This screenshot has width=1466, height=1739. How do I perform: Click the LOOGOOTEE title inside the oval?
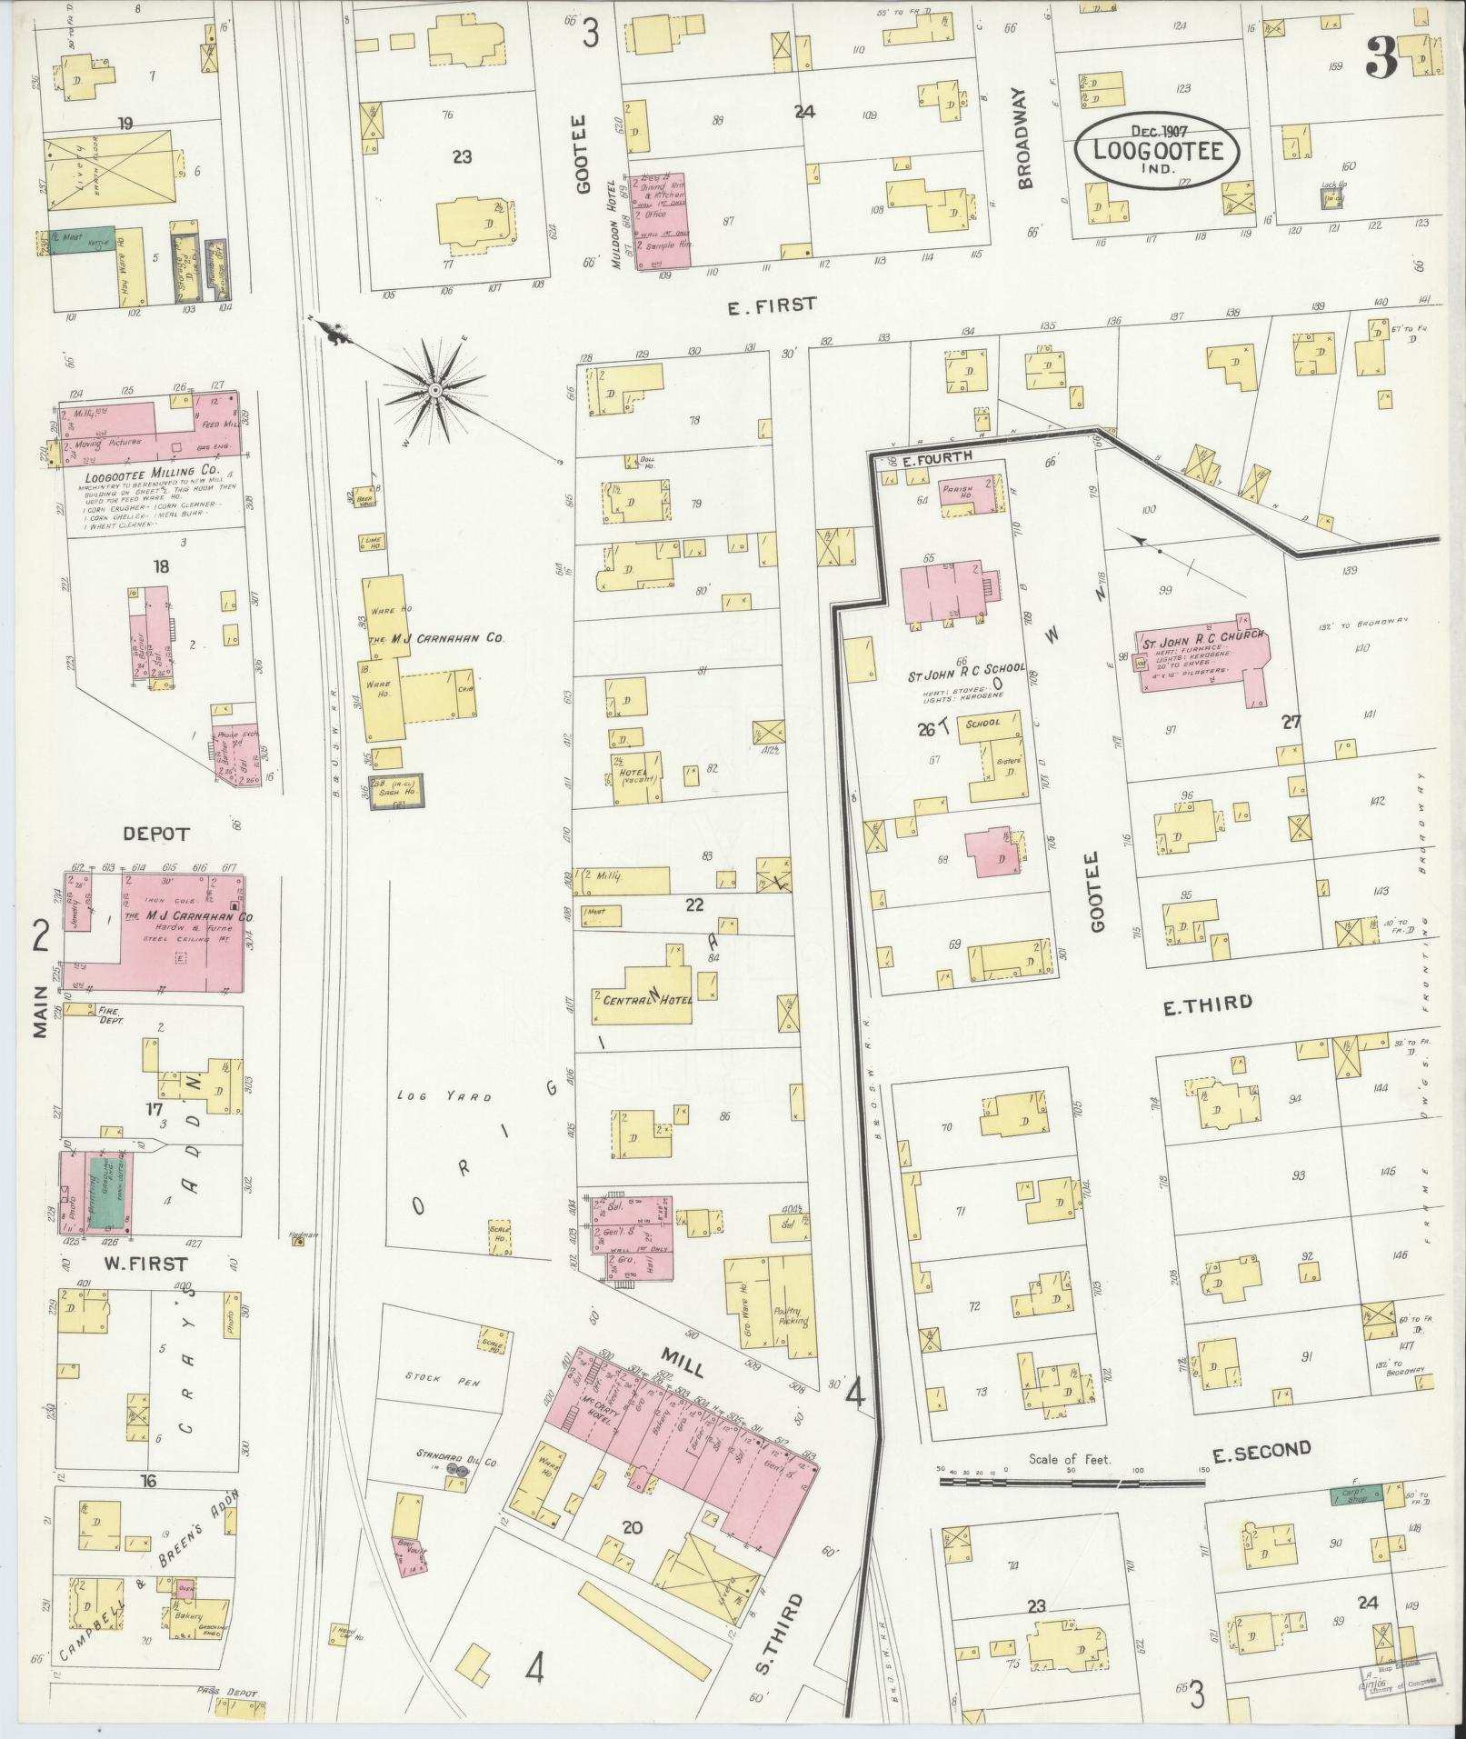click(1155, 149)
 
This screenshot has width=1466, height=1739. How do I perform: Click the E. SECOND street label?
click(1262, 1451)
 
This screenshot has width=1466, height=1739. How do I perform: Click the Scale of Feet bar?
click(1072, 1482)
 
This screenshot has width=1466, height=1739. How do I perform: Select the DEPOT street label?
click(156, 833)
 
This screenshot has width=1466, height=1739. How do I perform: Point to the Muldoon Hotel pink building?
click(660, 220)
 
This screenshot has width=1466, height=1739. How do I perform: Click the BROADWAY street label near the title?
click(1026, 138)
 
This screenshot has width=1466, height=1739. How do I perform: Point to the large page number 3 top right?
click(1382, 58)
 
